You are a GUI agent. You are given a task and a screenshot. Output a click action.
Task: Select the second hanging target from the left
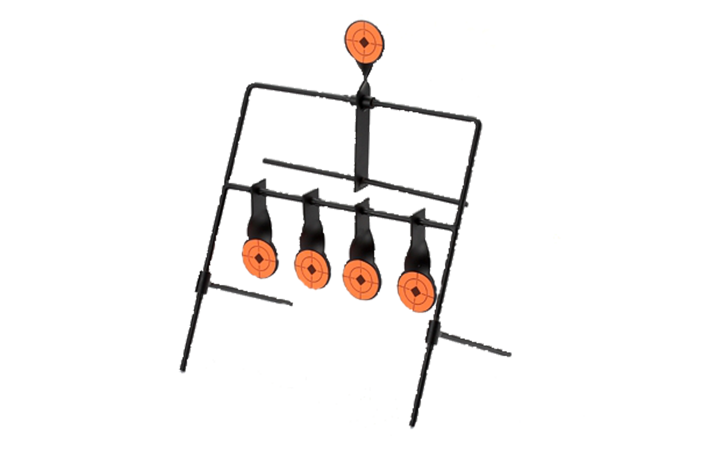[312, 270]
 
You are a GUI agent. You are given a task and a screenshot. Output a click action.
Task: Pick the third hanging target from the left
[361, 280]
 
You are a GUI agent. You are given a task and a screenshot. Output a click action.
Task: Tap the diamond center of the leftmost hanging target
[259, 258]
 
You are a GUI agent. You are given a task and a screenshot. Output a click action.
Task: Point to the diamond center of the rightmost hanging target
[415, 291]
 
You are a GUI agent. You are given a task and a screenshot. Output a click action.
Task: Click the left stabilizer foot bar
[251, 293]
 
